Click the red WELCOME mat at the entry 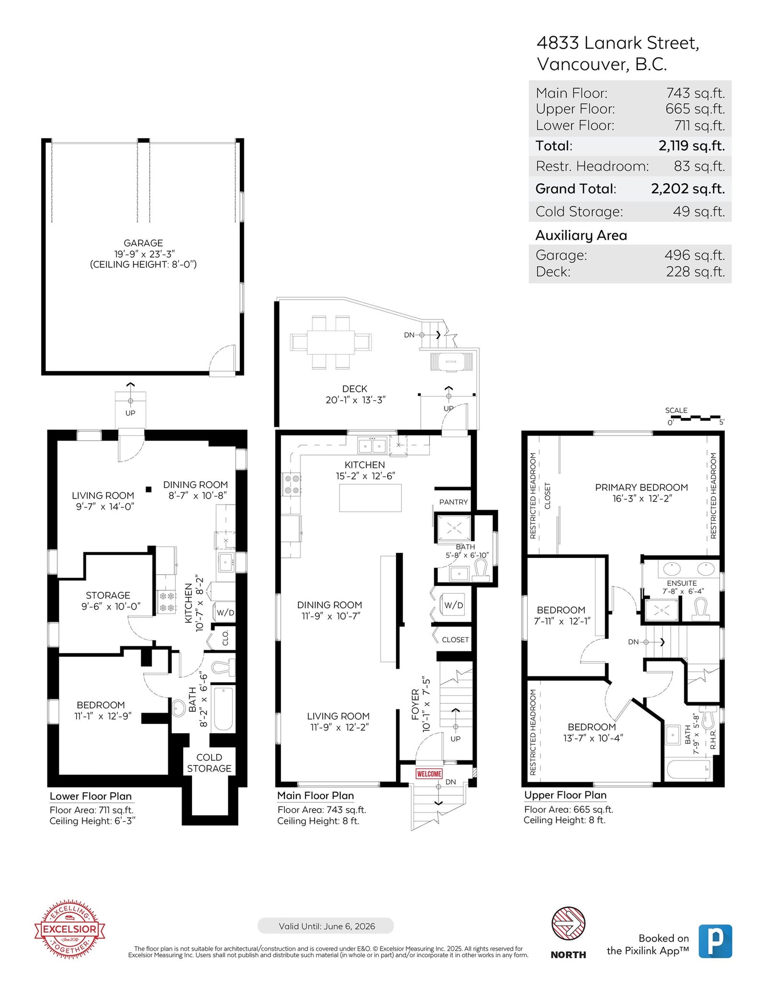[429, 774]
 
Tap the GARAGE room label [143, 243]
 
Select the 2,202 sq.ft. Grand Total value [687, 189]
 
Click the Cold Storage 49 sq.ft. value [699, 211]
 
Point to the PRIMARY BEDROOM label [642, 487]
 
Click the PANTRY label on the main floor [453, 502]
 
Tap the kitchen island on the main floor [371, 498]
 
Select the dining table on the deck [331, 342]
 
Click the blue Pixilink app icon [715, 941]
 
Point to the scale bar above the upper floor [698, 418]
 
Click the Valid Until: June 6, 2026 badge [326, 926]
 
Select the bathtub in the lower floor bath [223, 709]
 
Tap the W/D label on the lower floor [225, 613]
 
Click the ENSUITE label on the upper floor [682, 583]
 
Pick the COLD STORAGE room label [209, 763]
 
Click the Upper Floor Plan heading [565, 795]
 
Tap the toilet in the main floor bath [480, 570]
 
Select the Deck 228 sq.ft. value [696, 272]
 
